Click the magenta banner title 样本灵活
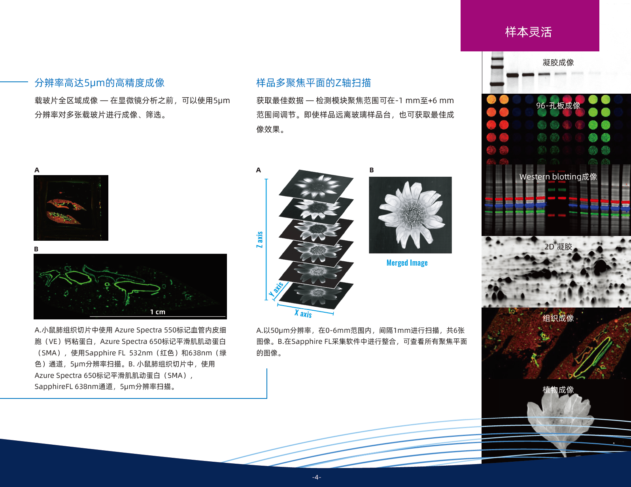(529, 32)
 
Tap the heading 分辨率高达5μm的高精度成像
(100, 83)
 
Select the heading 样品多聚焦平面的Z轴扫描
(314, 83)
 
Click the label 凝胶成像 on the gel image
(558, 62)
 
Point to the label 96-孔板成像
(558, 106)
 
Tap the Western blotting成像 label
(558, 176)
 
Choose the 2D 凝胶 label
(558, 247)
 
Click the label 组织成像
(558, 318)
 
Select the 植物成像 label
(558, 389)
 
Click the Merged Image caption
(407, 262)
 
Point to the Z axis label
(260, 240)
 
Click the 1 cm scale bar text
(158, 312)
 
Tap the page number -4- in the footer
(317, 477)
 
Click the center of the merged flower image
(410, 215)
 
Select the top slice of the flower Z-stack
(316, 186)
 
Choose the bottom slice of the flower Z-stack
(316, 295)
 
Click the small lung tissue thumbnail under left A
(71, 208)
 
